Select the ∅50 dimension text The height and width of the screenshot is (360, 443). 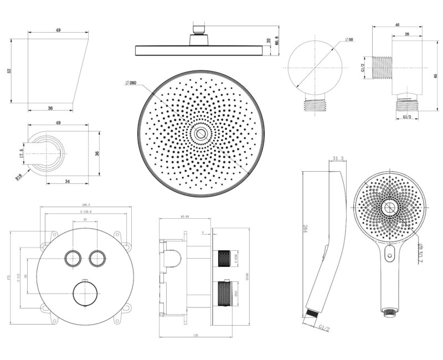[349, 40]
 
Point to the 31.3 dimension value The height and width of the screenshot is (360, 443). [337, 160]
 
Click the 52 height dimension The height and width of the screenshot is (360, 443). [9, 70]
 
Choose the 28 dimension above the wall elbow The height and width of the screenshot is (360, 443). [407, 34]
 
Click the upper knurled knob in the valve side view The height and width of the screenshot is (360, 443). [225, 258]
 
